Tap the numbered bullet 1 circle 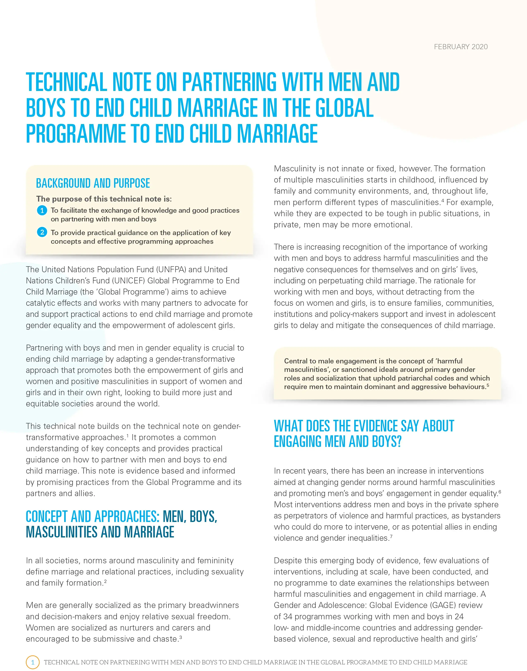[x=42, y=210]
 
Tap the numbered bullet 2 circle [x=42, y=232]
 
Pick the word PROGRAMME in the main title [x=76, y=134]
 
